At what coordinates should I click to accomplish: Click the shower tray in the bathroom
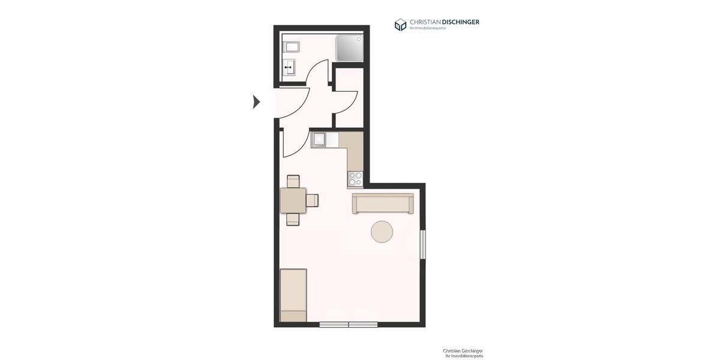(350, 48)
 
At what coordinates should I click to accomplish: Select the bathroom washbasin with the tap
(289, 67)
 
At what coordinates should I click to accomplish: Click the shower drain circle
(359, 39)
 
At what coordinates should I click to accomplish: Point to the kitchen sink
(319, 140)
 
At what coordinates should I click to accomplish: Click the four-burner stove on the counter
(355, 178)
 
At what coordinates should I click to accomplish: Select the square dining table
(293, 200)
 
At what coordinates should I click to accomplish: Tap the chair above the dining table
(293, 181)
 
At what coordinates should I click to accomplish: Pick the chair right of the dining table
(312, 200)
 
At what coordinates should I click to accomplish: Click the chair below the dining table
(293, 220)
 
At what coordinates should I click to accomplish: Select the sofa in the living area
(383, 203)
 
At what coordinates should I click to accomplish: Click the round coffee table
(382, 232)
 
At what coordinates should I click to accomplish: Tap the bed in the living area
(293, 295)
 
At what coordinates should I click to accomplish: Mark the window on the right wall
(422, 244)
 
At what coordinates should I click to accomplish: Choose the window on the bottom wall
(349, 325)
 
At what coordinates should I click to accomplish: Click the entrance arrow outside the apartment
(256, 102)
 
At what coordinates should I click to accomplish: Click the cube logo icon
(400, 25)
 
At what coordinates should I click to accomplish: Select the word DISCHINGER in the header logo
(460, 22)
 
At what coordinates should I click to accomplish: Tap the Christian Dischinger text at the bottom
(463, 351)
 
